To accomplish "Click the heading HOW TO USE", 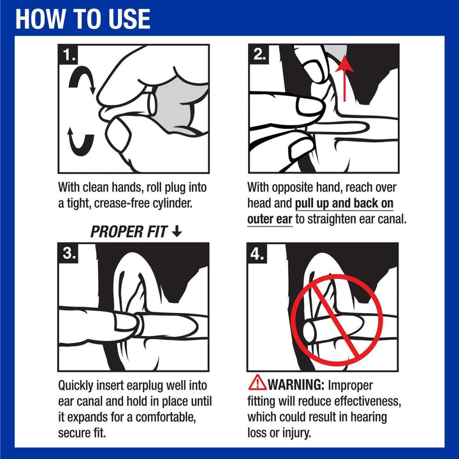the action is click(83, 19).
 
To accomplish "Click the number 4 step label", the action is click(258, 254).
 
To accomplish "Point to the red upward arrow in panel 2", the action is click(344, 78).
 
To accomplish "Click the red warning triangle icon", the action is click(258, 382).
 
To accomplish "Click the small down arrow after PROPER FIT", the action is click(177, 231).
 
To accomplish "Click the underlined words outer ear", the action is click(270, 219).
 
